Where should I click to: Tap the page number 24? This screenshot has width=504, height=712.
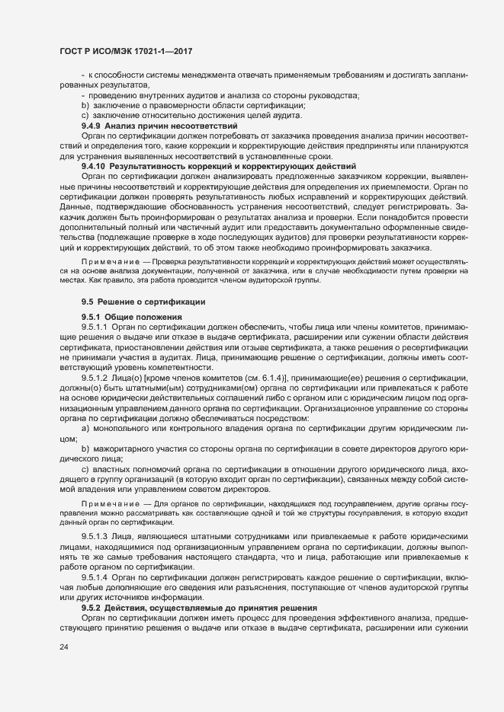(63, 647)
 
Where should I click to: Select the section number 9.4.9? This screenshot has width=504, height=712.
(91, 124)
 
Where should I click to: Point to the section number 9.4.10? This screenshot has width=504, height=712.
(94, 165)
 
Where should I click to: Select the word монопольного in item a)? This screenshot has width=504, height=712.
(121, 429)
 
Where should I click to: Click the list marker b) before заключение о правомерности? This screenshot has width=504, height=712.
(85, 105)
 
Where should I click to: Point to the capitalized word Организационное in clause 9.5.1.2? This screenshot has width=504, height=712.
(373, 408)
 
